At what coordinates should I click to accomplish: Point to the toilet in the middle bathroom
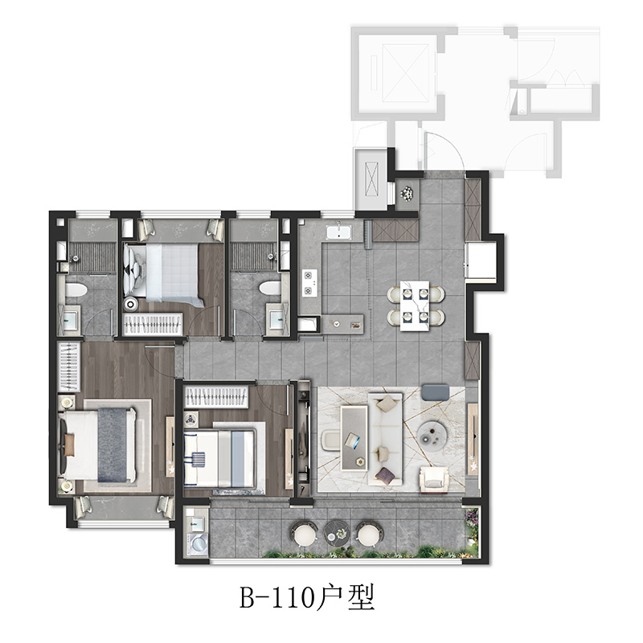(x=271, y=288)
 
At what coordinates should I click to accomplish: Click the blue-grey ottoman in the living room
(x=436, y=391)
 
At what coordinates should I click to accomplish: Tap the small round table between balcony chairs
(x=336, y=534)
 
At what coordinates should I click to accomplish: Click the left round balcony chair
(x=304, y=534)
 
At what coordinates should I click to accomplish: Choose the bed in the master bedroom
(x=98, y=444)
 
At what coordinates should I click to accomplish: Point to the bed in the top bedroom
(x=164, y=272)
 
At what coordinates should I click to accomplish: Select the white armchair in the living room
(x=435, y=478)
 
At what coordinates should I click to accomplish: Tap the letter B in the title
(x=248, y=598)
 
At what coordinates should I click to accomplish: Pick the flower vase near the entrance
(x=408, y=193)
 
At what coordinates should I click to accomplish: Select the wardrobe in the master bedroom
(x=69, y=367)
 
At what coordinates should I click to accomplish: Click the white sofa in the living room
(x=385, y=439)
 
